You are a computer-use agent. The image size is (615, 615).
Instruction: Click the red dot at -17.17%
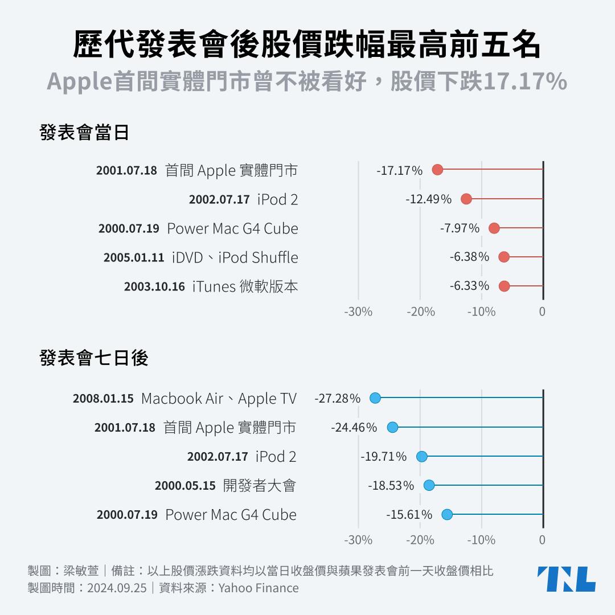click(x=437, y=169)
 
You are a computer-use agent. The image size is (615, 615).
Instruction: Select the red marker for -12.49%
click(x=466, y=199)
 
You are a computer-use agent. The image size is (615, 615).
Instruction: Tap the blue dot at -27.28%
click(x=375, y=398)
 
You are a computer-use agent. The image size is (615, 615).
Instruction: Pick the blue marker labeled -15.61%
click(x=447, y=515)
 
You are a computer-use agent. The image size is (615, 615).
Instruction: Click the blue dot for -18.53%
click(x=429, y=485)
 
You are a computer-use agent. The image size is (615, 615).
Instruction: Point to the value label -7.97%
click(x=460, y=228)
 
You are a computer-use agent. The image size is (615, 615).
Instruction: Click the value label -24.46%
click(x=354, y=427)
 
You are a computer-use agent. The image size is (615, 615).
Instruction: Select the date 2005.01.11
click(x=134, y=257)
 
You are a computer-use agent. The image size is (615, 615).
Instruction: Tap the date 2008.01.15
click(x=103, y=399)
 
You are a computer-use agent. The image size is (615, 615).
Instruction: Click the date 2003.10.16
click(x=154, y=286)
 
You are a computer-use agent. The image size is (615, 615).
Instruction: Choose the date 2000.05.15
click(x=185, y=486)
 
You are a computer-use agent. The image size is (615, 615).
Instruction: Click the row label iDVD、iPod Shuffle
click(x=235, y=257)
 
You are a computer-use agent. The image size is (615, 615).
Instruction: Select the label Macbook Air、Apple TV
click(x=219, y=399)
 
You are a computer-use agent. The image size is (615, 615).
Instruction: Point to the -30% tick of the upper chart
click(x=358, y=311)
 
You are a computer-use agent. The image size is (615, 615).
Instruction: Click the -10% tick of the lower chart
click(x=481, y=540)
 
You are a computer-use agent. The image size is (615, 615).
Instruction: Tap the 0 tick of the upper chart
click(x=542, y=311)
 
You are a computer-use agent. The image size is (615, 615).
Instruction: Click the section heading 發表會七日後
click(x=94, y=358)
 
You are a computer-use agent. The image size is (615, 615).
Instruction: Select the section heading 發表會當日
click(x=84, y=132)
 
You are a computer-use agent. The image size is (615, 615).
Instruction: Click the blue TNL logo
click(x=566, y=579)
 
